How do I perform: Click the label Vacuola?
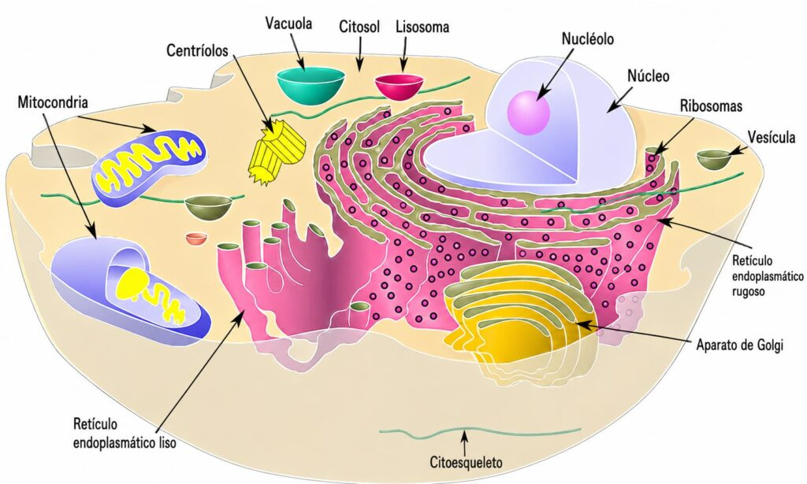[x=288, y=24]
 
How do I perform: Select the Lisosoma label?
[x=422, y=27]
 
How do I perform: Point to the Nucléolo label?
[x=587, y=38]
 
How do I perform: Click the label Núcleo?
[x=648, y=76]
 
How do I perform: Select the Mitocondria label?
[x=51, y=102]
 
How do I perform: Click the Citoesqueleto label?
[x=465, y=461]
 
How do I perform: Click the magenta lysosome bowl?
[x=398, y=85]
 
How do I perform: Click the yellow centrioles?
[x=277, y=152]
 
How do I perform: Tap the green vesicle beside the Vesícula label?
[x=714, y=158]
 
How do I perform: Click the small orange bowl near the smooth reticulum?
[x=196, y=238]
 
